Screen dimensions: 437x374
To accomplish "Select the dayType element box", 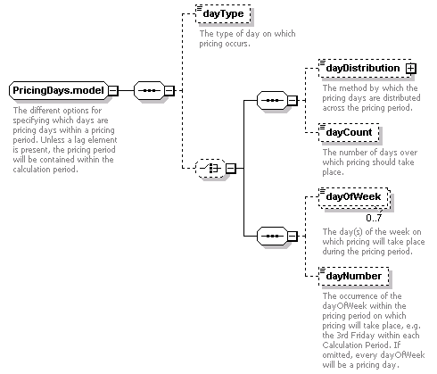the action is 223,13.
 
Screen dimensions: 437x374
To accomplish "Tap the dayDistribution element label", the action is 363,68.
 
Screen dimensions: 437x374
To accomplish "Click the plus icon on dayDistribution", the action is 411,69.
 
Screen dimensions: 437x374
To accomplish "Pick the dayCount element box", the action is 349,132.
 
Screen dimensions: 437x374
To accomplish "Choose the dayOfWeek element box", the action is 353,196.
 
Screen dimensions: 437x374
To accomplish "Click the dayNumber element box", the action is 354,276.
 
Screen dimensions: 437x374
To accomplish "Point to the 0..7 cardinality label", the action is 374,218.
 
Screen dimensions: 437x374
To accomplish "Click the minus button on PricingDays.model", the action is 113,90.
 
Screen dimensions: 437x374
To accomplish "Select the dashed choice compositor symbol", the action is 210,169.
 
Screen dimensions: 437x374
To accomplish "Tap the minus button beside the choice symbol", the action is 231,169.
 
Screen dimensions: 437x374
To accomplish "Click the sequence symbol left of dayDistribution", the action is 272,100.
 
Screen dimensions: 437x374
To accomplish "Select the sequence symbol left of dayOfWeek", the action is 272,237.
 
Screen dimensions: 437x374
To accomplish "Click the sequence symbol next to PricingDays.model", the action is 149,90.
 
